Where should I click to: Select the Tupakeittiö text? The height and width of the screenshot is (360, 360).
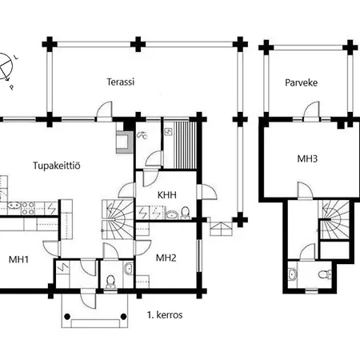[57, 166]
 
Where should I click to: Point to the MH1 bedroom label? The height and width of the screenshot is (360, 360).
[18, 259]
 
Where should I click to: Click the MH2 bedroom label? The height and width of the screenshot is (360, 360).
[166, 258]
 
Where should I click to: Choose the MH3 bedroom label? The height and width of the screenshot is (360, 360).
[308, 158]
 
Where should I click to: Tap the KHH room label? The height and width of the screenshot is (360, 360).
[167, 194]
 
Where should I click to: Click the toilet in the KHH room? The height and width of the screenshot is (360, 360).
[185, 212]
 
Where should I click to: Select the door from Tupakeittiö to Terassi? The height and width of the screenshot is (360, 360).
[101, 113]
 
